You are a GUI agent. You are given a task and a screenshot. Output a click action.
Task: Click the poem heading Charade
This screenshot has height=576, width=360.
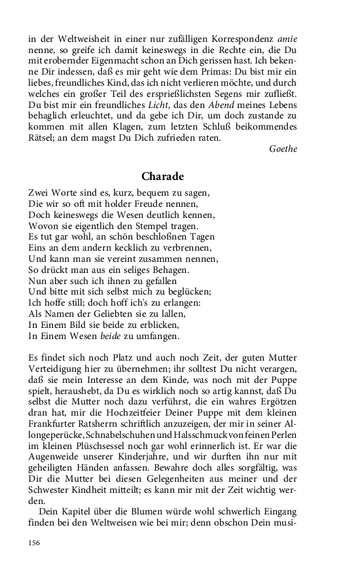(x=162, y=177)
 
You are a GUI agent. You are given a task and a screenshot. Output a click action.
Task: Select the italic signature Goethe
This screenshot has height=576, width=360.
(x=283, y=149)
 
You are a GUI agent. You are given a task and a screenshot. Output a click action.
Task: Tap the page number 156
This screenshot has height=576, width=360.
(x=35, y=543)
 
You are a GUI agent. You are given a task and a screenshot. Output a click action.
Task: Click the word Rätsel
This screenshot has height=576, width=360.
(x=41, y=139)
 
